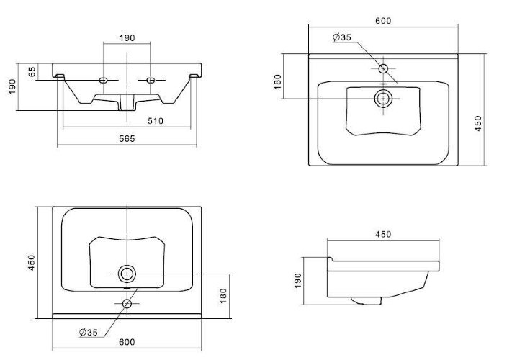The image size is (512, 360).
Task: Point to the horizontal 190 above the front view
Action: pyautogui.click(x=127, y=37)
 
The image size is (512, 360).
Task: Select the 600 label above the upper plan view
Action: pyautogui.click(x=383, y=21)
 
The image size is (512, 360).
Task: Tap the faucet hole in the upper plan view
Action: pyautogui.click(x=384, y=68)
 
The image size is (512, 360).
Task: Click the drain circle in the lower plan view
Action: pyautogui.click(x=127, y=274)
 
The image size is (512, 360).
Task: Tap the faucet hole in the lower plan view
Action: pyautogui.click(x=127, y=303)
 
